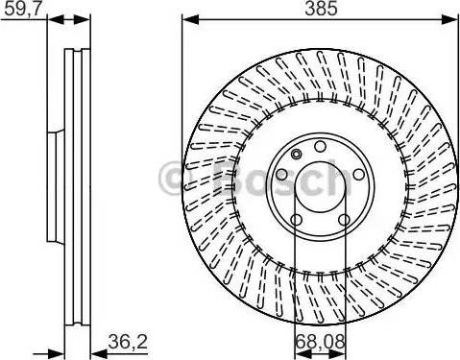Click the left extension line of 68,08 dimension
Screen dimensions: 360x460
(292, 288)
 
